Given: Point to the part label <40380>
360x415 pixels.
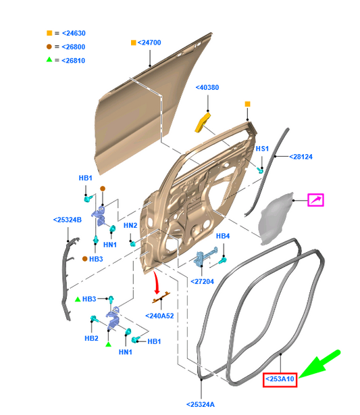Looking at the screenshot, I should tap(207, 88).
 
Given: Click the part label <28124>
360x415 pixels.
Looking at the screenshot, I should tap(302, 157).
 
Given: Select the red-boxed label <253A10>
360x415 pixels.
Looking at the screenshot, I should tap(280, 379).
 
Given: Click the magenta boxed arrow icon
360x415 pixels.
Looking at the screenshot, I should tap(315, 199).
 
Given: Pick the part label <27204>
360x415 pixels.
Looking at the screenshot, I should tap(202, 281).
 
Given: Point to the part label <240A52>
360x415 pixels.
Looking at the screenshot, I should tap(159, 315).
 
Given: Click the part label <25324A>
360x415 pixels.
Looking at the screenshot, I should tap(200, 404).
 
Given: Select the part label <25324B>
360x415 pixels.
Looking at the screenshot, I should tap(67, 220).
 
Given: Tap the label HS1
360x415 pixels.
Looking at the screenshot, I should tap(261, 149).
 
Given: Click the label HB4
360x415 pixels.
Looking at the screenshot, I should tap(223, 236).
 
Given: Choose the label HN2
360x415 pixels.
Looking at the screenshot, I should tap(130, 225).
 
